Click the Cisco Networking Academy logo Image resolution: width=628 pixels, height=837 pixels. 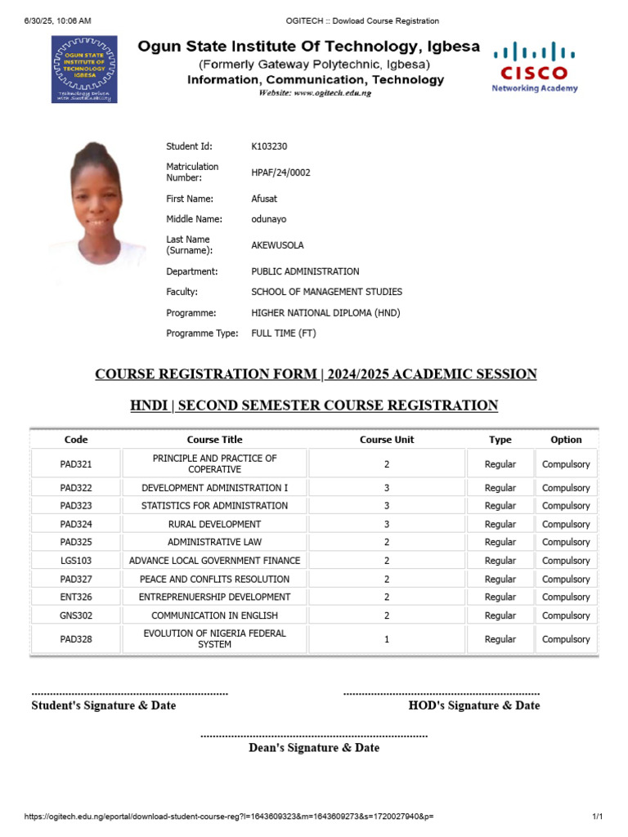pyautogui.click(x=534, y=67)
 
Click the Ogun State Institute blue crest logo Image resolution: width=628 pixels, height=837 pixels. pyautogui.click(x=84, y=69)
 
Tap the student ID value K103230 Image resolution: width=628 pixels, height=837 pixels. pyautogui.click(x=269, y=146)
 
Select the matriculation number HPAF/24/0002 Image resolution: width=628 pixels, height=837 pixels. pyautogui.click(x=280, y=172)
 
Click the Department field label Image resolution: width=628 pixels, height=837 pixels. pyautogui.click(x=191, y=271)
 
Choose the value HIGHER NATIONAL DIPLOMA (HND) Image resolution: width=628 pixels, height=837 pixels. pyautogui.click(x=325, y=313)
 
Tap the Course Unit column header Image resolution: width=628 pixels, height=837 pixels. pyautogui.click(x=387, y=440)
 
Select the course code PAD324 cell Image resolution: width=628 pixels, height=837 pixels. pyautogui.click(x=76, y=524)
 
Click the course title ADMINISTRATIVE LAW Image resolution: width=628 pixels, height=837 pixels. pyautogui.click(x=214, y=542)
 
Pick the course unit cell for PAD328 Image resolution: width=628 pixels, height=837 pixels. pyautogui.click(x=387, y=639)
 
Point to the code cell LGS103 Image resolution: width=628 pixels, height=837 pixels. pyautogui.click(x=76, y=561)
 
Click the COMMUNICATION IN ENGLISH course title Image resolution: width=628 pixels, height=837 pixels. pyautogui.click(x=214, y=615)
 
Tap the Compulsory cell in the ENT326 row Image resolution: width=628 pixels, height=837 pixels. pyautogui.click(x=565, y=597)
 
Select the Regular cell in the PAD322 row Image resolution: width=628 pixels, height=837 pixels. pyautogui.click(x=500, y=488)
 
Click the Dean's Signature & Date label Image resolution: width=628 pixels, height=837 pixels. pyautogui.click(x=314, y=748)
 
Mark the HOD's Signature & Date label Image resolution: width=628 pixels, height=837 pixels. pyautogui.click(x=473, y=705)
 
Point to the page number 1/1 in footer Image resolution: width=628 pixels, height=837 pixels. pyautogui.click(x=597, y=817)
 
